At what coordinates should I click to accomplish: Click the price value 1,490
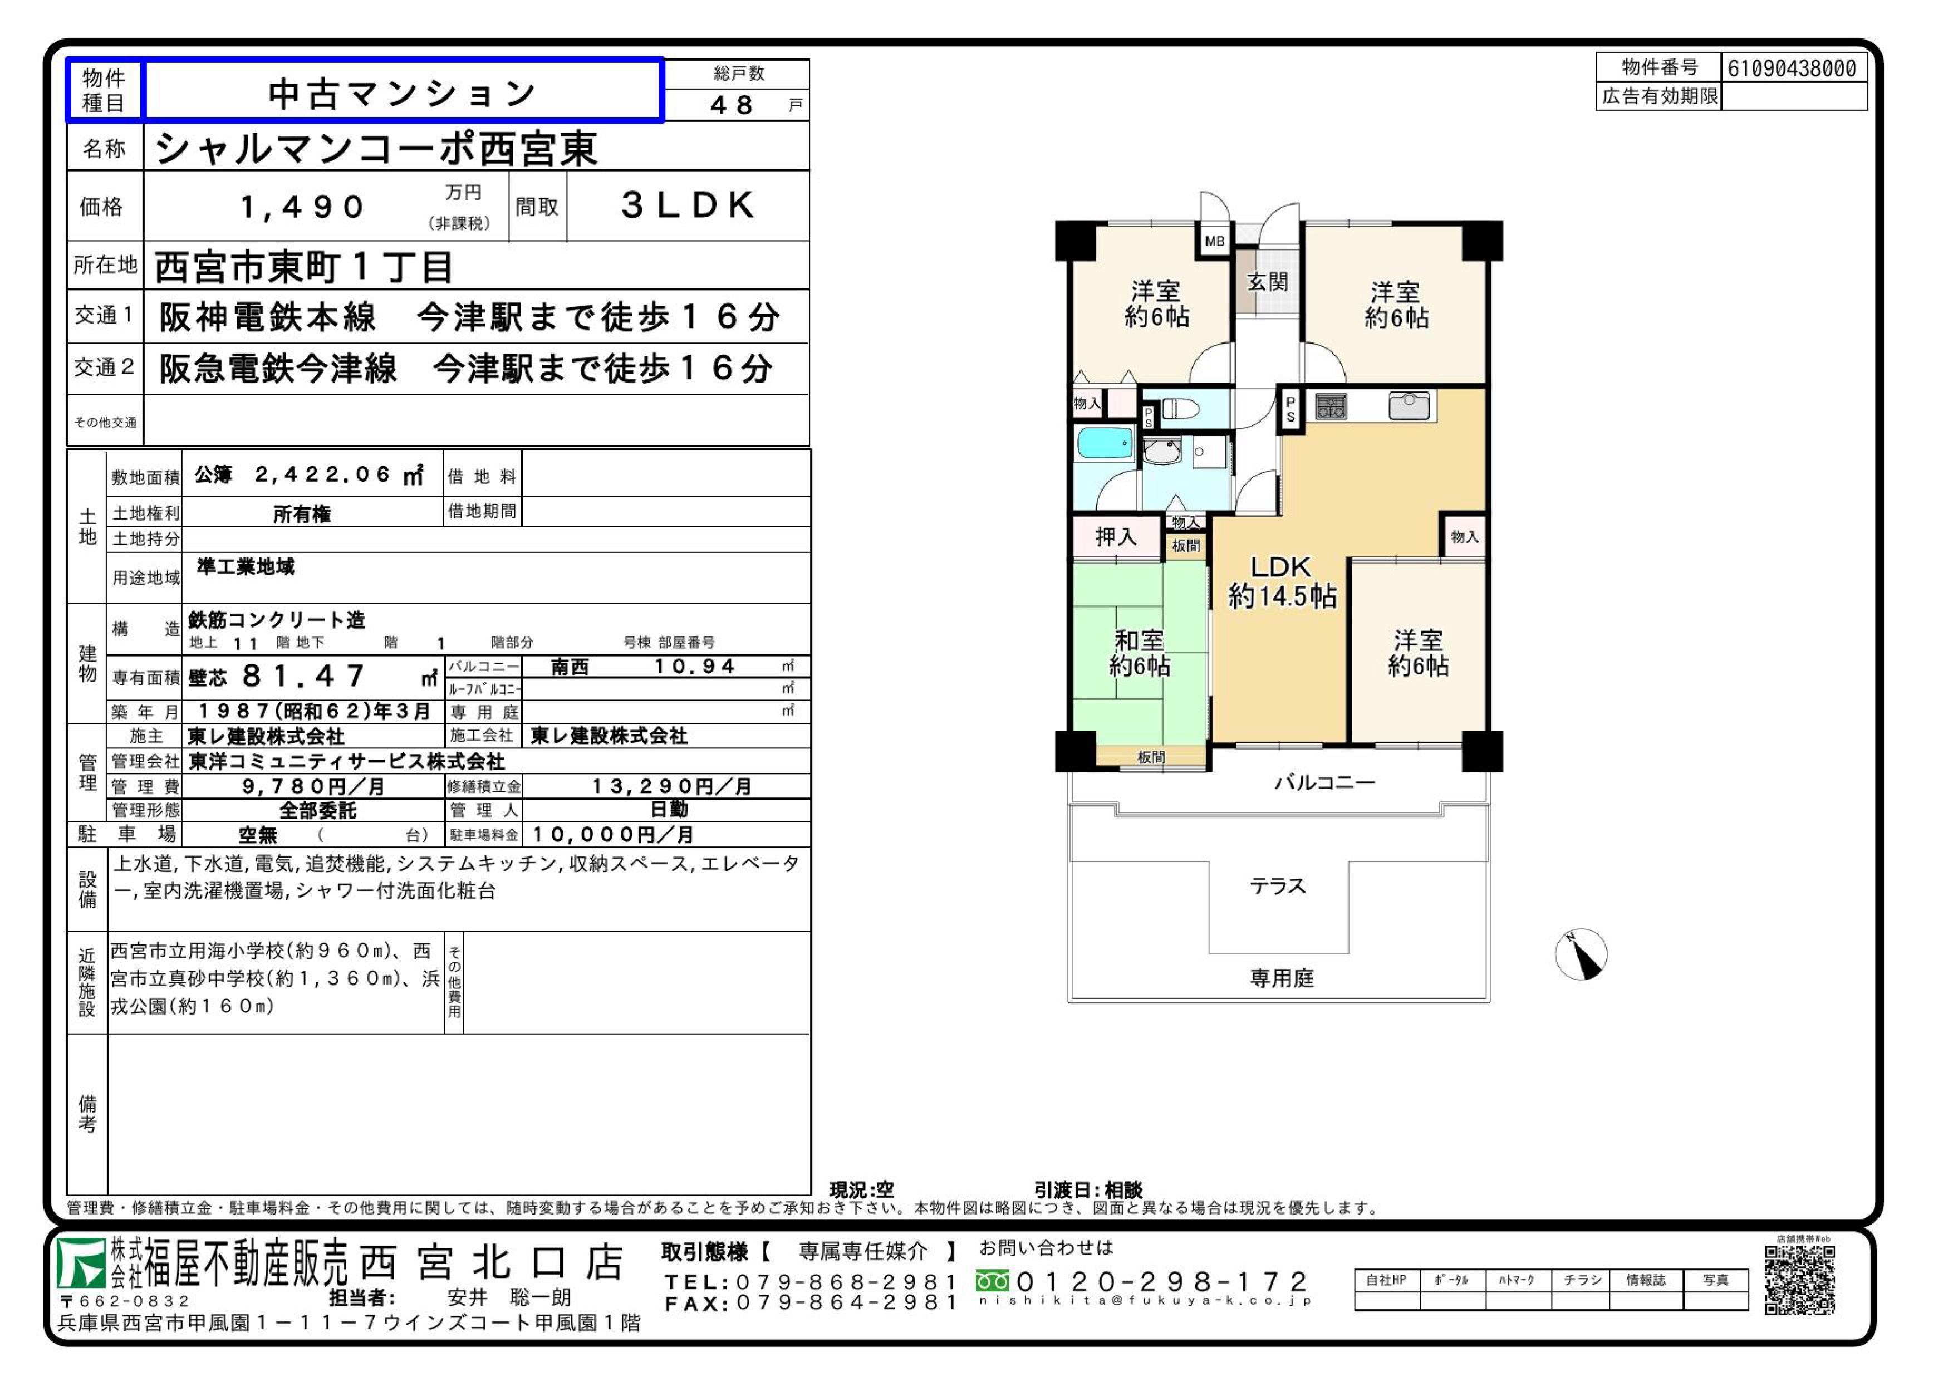(x=303, y=207)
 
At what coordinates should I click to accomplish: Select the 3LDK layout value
(x=688, y=205)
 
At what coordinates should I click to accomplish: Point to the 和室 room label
(x=1139, y=640)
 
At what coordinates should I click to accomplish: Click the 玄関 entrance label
(x=1268, y=282)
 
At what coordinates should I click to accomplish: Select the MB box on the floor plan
(x=1215, y=241)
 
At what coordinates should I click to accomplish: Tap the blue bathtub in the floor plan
(x=1104, y=443)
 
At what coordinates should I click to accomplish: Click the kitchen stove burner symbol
(x=1331, y=406)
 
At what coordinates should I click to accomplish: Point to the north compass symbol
(x=1581, y=954)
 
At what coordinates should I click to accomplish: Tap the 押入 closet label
(x=1115, y=537)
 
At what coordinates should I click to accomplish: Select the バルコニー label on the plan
(x=1324, y=782)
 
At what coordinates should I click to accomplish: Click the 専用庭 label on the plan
(x=1282, y=978)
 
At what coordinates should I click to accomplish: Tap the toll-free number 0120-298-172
(x=1162, y=1281)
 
